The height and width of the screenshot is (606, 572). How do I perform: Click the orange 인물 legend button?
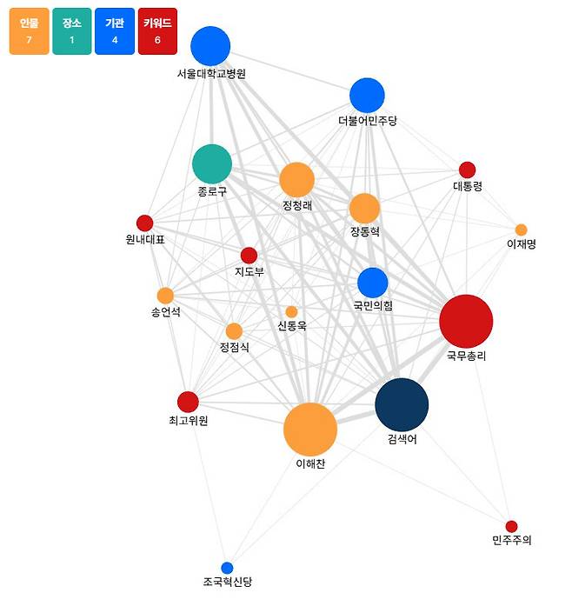coord(29,32)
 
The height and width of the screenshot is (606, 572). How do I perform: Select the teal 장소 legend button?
coord(71,32)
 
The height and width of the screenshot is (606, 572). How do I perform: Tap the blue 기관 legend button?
coord(114,32)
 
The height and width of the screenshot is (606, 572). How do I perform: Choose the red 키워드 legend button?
coord(157,32)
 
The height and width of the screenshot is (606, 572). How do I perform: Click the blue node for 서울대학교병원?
coord(210,46)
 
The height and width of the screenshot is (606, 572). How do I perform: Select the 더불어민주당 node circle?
coord(367,96)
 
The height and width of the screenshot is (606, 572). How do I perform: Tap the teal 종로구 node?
coord(212,164)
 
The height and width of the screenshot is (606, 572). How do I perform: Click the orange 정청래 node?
coord(296,180)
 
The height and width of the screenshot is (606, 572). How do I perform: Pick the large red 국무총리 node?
coord(466,321)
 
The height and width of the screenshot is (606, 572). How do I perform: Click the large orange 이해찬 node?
coord(310,430)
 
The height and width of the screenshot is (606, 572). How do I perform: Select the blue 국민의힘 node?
coord(372,283)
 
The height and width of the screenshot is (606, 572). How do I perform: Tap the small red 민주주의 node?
coord(511,526)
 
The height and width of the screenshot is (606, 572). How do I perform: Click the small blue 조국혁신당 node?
coord(227,568)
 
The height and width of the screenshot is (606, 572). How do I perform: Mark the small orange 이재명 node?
coord(521,230)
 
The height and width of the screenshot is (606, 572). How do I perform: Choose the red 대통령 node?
coord(467,170)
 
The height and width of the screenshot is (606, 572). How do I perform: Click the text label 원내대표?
coord(144,240)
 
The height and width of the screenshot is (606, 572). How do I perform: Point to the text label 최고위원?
coord(188,421)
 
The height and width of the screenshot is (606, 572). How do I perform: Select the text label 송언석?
coord(165,313)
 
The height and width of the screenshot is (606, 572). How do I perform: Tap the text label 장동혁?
coord(365,232)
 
